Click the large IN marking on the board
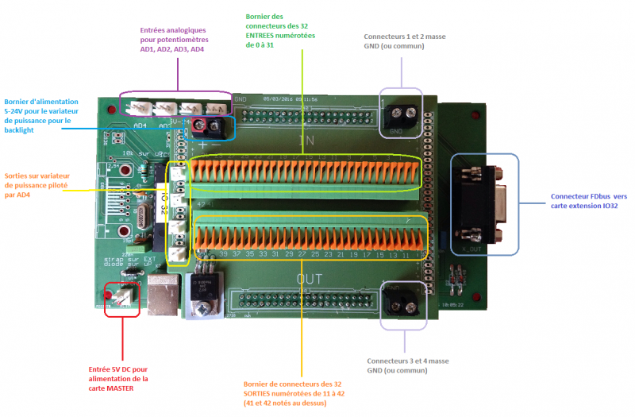point(306,141)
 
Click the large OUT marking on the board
point(309,279)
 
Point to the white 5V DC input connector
point(123,295)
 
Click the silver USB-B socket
point(162,295)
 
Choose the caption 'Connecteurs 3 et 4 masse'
point(407,365)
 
